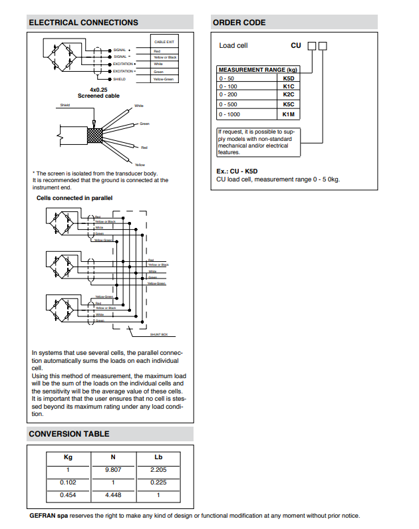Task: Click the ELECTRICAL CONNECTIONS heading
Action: click(x=83, y=23)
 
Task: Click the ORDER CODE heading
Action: click(x=239, y=23)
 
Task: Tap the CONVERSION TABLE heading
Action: click(x=69, y=434)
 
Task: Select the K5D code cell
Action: click(x=288, y=78)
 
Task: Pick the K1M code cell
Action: click(x=288, y=114)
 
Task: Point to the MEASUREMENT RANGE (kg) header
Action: click(x=258, y=70)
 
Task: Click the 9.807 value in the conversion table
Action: click(x=112, y=470)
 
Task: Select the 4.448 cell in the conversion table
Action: click(x=112, y=495)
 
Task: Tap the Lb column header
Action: click(x=158, y=457)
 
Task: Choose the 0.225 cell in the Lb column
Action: click(x=158, y=482)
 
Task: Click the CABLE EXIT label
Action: click(x=164, y=42)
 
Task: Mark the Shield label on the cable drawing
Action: click(x=65, y=105)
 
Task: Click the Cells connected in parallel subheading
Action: click(x=74, y=198)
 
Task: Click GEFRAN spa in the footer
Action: click(x=49, y=515)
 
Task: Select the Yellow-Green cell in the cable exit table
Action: click(x=164, y=79)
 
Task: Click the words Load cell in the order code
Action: click(x=233, y=46)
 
